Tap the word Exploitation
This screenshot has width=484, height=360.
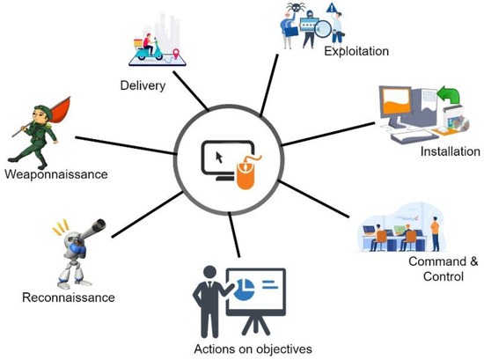coord(356,51)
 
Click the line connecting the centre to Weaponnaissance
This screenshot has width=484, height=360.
coord(123,145)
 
